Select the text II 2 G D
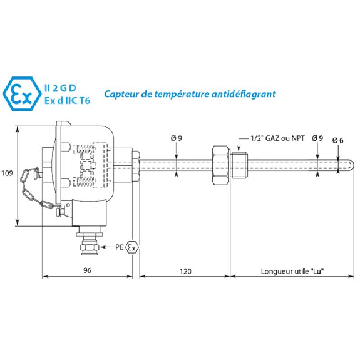coord(60,88)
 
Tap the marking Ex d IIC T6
coord(67,101)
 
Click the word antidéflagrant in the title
coord(244,94)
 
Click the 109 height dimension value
coord(7,173)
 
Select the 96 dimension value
coord(87,270)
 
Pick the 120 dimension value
coord(185,271)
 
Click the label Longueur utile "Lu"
coord(292,271)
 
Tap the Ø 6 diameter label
coord(337,140)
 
